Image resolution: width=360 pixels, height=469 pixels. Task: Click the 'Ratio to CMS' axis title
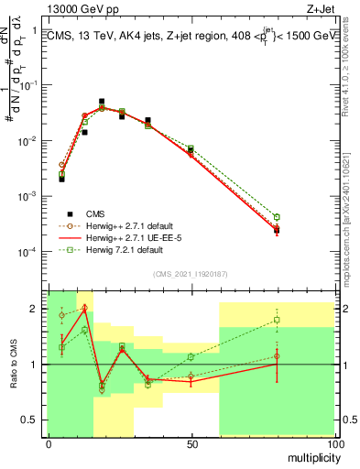[x=12, y=364]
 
